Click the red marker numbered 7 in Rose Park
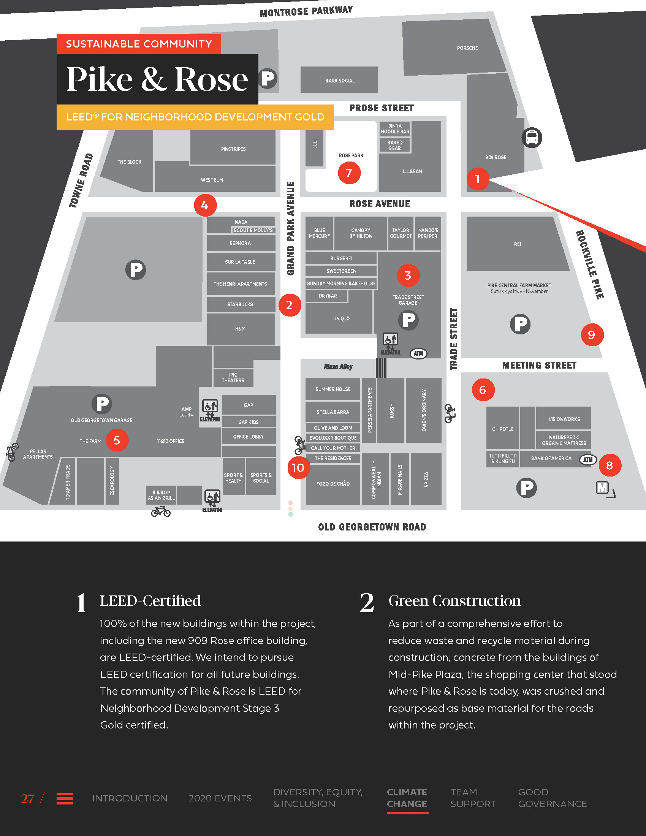[x=349, y=173]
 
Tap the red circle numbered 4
[x=205, y=206]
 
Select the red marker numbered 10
[x=298, y=467]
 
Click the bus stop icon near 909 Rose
[x=532, y=138]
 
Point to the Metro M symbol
[x=602, y=488]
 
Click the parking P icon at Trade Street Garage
[x=408, y=320]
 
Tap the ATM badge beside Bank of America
[x=588, y=459]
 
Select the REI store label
[x=517, y=244]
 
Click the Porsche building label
[x=467, y=48]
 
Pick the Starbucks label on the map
[x=240, y=304]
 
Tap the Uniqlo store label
[x=341, y=318]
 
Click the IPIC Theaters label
[x=233, y=377]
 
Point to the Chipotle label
[x=502, y=429]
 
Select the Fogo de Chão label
[x=333, y=484]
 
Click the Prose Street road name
[x=381, y=108]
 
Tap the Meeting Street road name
[x=539, y=366]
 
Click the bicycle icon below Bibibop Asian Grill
[x=161, y=511]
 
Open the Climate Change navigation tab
[x=407, y=798]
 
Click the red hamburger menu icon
[x=65, y=798]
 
